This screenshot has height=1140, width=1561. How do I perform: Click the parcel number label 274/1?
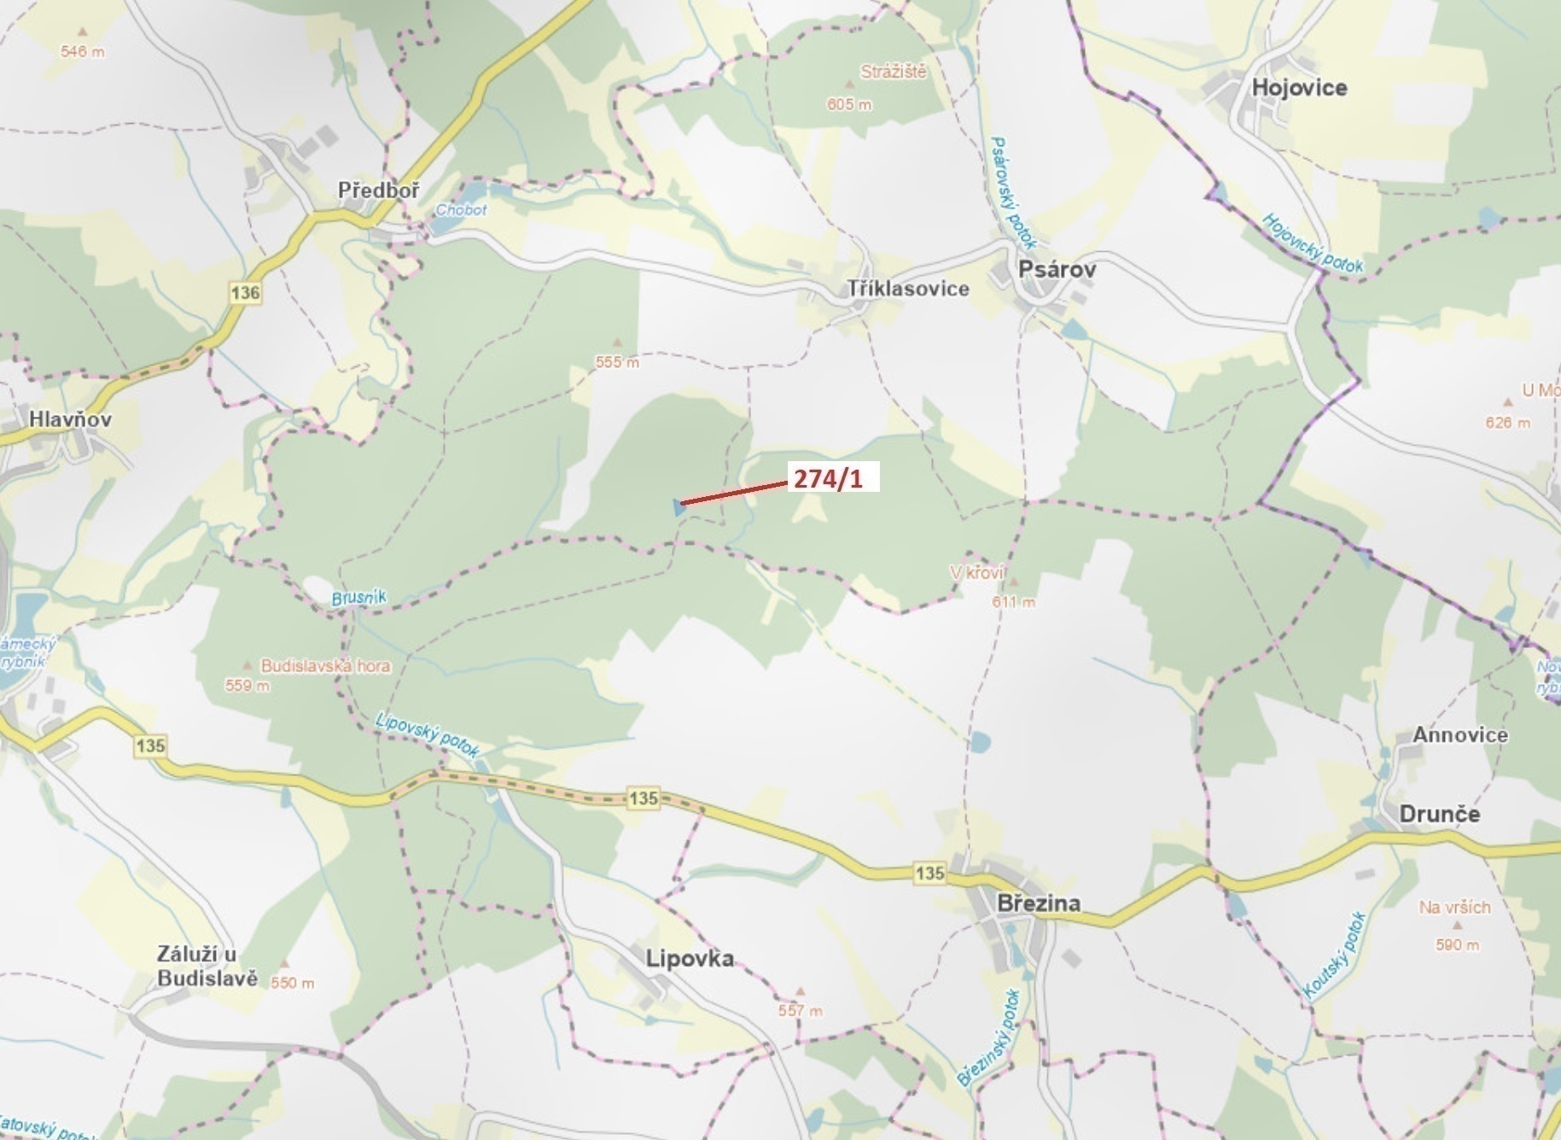(x=828, y=478)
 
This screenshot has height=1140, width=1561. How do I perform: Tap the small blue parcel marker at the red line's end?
(x=678, y=507)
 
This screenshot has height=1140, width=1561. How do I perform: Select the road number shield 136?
(x=245, y=293)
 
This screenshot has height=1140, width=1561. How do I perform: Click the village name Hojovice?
(x=1299, y=88)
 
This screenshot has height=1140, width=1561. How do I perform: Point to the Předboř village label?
(x=378, y=190)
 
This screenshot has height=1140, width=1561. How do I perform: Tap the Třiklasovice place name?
(x=908, y=289)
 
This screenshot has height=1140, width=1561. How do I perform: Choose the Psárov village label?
(x=1057, y=270)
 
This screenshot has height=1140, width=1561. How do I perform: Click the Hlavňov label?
(x=70, y=419)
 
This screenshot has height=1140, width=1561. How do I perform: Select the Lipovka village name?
(x=690, y=958)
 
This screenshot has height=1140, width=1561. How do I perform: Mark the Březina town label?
(x=1039, y=903)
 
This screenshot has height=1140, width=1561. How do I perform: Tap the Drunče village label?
(x=1439, y=814)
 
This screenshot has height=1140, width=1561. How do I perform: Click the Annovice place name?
(x=1459, y=735)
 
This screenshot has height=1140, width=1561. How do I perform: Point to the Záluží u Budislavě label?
(x=207, y=967)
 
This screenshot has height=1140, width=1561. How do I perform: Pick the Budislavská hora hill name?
(x=325, y=666)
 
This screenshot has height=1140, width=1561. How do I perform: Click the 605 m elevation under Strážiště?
(x=849, y=104)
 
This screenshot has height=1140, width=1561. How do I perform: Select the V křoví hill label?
(x=977, y=572)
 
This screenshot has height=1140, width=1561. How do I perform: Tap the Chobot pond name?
(x=461, y=209)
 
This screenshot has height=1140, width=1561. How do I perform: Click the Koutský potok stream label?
(x=1334, y=956)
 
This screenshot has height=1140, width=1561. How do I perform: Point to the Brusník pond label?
(x=358, y=598)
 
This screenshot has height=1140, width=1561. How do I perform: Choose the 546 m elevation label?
(x=83, y=51)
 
